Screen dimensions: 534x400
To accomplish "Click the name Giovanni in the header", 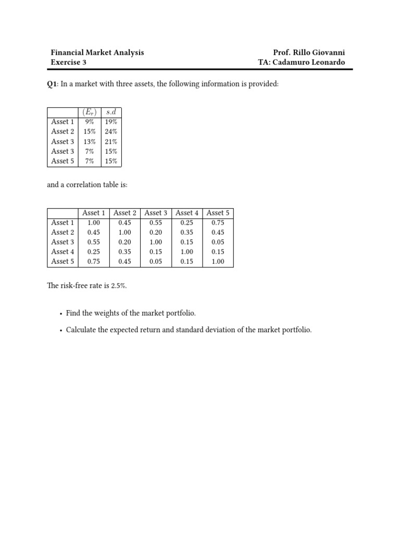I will pos(328,53).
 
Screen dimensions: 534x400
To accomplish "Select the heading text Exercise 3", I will pos(68,63).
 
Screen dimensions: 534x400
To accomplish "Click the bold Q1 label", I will pos(52,84).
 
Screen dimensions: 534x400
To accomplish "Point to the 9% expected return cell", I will pos(89,122).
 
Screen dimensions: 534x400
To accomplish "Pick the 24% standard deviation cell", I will pos(111,131).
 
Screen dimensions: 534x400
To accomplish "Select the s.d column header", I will pos(111,112).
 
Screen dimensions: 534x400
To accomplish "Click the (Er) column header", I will pos(89,112).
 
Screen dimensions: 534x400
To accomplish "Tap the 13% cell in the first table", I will pos(89,141).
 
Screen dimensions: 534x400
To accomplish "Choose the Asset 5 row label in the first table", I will pos(63,161).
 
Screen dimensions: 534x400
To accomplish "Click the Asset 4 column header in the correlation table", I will pos(187,213).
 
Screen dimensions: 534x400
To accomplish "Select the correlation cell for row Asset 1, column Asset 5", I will pos(218,223).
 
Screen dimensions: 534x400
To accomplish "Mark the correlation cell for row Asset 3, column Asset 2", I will pos(124,242).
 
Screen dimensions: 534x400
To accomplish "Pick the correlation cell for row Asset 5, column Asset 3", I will pos(156,262).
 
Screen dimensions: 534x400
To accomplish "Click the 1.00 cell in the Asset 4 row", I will pos(187,252).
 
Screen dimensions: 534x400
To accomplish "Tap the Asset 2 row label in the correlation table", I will pos(63,232).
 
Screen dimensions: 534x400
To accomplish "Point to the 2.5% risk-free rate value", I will pos(119,286).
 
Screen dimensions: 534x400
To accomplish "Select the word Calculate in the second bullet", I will pos(80,330).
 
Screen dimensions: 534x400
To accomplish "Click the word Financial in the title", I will pos(67,53).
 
